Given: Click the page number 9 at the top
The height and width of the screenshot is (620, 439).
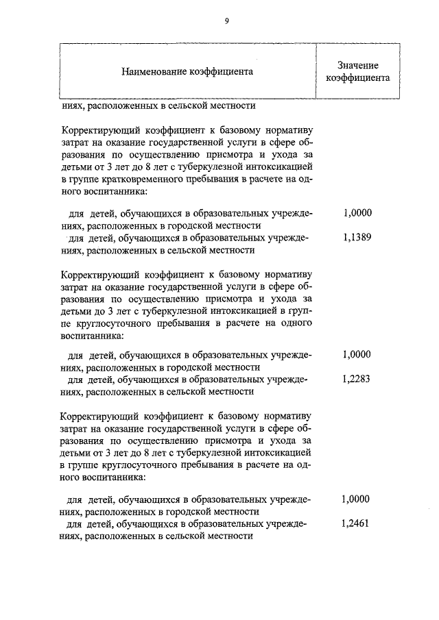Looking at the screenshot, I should tap(226, 21).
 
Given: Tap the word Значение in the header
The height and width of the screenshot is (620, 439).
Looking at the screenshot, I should tap(357, 65).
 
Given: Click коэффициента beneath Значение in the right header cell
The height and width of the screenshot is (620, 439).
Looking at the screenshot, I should tap(357, 77).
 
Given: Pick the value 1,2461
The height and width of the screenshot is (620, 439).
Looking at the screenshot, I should tap(356, 523).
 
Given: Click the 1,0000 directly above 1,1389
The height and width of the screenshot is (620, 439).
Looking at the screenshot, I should tap(356, 213).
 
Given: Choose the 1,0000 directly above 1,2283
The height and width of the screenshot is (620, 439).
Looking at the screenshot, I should tap(356, 355).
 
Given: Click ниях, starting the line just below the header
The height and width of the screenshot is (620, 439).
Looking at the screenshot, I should tap(73, 106).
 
